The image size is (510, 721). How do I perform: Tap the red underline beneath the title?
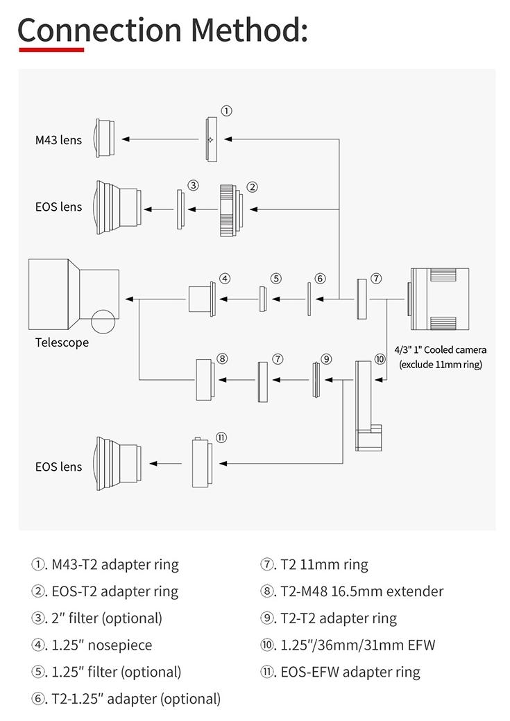pyautogui.click(x=51, y=50)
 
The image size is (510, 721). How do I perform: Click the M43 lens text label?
pyautogui.click(x=58, y=140)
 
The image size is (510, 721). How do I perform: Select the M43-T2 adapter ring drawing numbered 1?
pyautogui.click(x=211, y=139)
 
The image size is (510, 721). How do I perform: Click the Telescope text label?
pyautogui.click(x=62, y=342)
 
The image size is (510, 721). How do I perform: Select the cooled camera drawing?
pyautogui.click(x=439, y=299)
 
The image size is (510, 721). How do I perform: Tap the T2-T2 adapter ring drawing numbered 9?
pyautogui.click(x=316, y=379)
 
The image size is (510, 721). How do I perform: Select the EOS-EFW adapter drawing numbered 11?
pyautogui.click(x=200, y=462)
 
